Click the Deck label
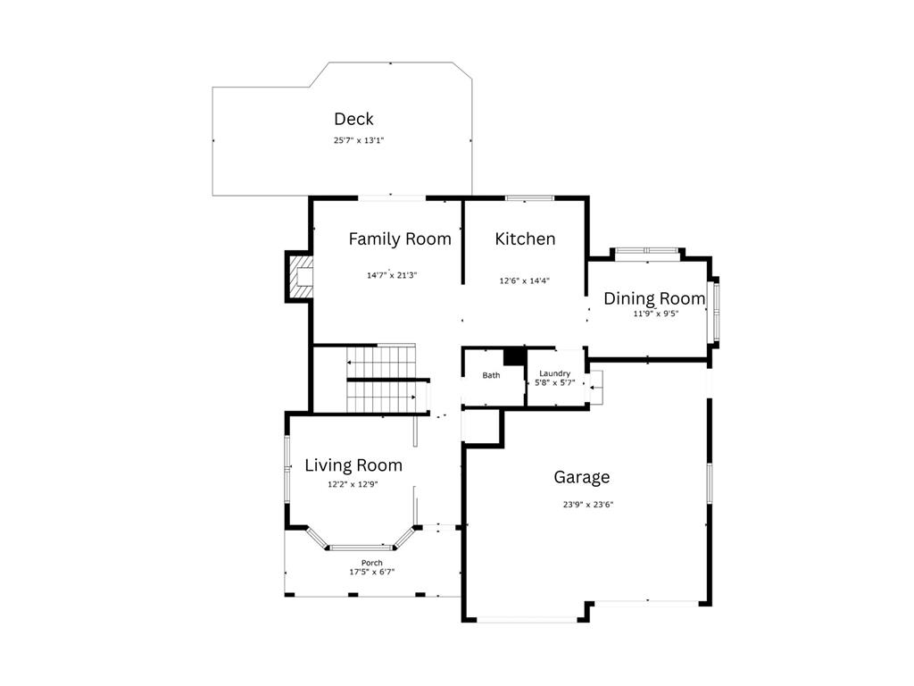353,119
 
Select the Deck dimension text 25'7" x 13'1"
359,140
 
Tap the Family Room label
400,239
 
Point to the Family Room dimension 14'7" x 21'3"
392,275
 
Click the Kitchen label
525,238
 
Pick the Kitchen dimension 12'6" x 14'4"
524,281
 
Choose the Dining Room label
654,298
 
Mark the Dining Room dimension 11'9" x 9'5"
656,314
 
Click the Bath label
491,376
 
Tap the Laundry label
554,373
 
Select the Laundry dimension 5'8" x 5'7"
555,382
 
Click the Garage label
582,477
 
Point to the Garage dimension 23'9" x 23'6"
588,505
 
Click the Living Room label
353,465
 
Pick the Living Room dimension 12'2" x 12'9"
353,484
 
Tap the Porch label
372,563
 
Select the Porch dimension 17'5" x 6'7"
372,573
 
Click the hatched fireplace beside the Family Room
302,276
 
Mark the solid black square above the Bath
515,356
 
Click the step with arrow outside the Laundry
595,387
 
